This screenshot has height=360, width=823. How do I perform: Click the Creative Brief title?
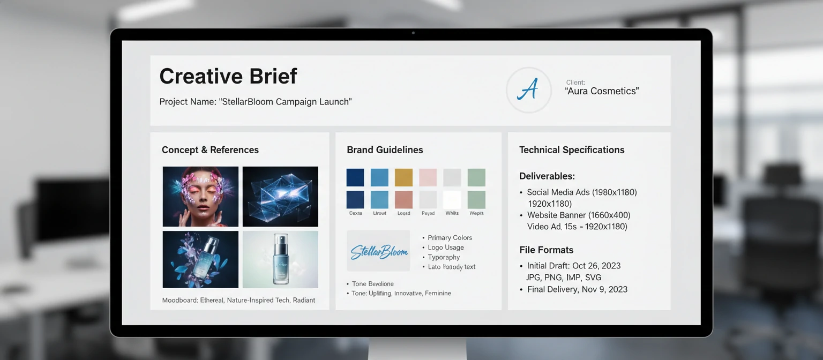[x=228, y=76]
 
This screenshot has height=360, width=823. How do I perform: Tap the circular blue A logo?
[x=528, y=90]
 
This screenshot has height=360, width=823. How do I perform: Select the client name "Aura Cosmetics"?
[x=602, y=91]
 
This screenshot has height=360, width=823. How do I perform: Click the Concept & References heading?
[x=210, y=150]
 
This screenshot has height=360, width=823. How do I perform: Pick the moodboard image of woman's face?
[x=200, y=196]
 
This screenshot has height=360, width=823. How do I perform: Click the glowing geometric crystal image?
[x=280, y=196]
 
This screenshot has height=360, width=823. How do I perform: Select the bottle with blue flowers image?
[x=200, y=259]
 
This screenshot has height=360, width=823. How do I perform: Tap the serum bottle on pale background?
[x=280, y=259]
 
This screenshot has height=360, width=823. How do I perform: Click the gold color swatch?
[x=403, y=177]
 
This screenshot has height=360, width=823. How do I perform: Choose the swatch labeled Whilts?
[x=452, y=200]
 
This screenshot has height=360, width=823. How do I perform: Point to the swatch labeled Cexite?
[x=355, y=200]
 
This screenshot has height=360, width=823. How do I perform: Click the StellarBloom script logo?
[x=378, y=251]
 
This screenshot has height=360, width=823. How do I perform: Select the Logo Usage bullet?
[x=446, y=247]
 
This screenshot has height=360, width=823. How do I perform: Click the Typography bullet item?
[x=444, y=257]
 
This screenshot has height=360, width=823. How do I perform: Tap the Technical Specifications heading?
[x=572, y=150]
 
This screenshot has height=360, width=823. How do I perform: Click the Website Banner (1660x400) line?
[x=578, y=215]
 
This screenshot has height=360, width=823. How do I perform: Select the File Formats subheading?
[x=546, y=250]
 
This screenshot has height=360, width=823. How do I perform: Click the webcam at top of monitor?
[x=413, y=33]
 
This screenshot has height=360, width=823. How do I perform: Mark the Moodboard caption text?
[x=238, y=300]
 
